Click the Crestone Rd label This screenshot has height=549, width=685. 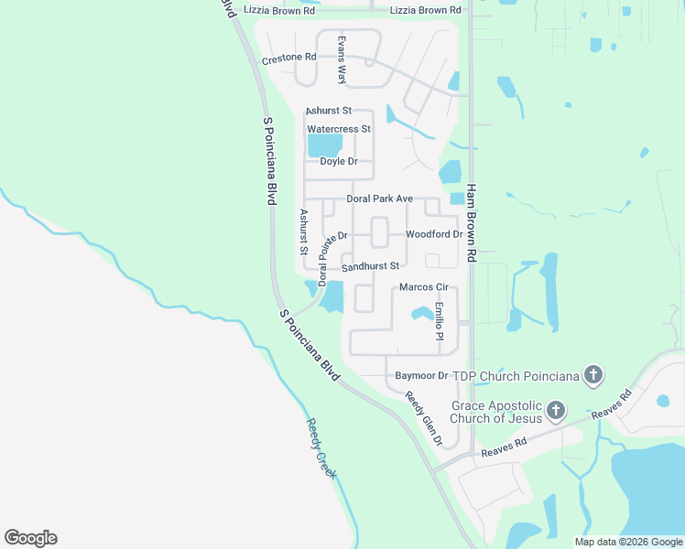coord(288,58)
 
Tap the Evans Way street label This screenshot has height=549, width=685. coord(341,60)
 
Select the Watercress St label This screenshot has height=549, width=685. coord(339,129)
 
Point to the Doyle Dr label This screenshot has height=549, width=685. coord(338,161)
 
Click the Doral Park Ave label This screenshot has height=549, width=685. coord(380,199)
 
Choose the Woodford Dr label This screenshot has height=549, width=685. coord(434,234)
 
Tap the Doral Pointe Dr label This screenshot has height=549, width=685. coord(332,259)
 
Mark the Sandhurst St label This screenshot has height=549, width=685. coord(371,266)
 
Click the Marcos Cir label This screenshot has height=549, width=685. coord(423,288)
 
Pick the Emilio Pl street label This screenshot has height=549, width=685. coord(440,322)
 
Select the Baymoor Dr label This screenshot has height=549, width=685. coord(421,375)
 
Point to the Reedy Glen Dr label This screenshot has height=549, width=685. coord(425,419)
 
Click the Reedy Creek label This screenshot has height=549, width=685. coord(321,448)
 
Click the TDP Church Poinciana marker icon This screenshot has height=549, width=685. coord(593,374)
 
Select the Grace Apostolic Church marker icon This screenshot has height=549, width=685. coord(555,411)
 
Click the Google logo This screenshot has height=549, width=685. coord(30,538)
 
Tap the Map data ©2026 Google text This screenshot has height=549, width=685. coord(627,542)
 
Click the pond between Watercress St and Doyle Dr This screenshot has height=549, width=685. coord(324,145)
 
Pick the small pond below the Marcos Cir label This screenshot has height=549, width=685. coord(422,314)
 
